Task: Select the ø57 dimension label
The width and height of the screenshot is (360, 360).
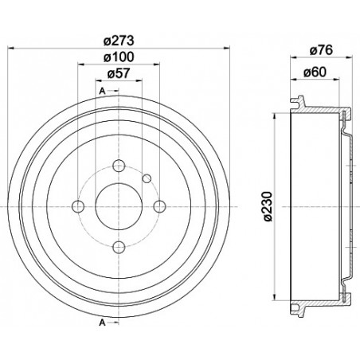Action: click(x=119, y=76)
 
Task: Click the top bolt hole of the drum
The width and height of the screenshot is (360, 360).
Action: click(x=119, y=166)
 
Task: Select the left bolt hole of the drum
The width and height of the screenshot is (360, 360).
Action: click(x=78, y=207)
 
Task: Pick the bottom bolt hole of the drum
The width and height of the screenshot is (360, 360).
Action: click(x=119, y=247)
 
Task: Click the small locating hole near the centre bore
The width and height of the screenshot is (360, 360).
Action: click(x=147, y=178)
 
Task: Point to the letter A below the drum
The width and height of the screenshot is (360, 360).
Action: click(x=103, y=323)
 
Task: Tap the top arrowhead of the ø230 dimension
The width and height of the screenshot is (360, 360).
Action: click(x=273, y=113)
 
